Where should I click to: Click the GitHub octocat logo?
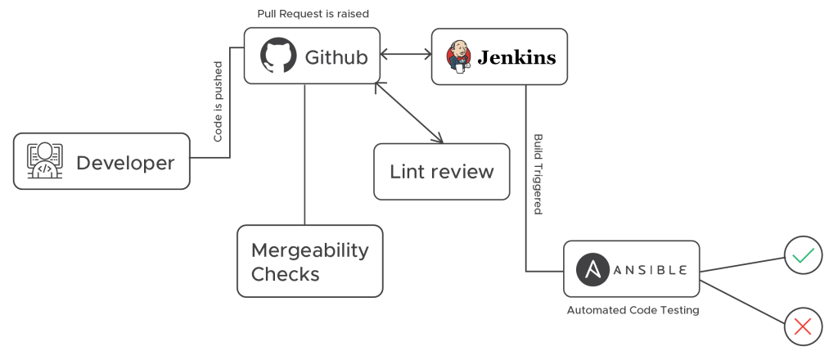click(277, 56)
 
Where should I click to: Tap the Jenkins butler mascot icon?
click(458, 57)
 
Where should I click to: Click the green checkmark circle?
click(803, 256)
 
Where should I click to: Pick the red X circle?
click(803, 326)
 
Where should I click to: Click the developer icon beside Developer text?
click(44, 162)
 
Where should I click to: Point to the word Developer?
click(125, 163)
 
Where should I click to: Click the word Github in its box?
click(336, 57)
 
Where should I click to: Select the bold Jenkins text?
click(516, 57)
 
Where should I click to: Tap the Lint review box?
click(442, 171)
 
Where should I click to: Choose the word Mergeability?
click(309, 250)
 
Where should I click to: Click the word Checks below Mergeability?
click(284, 274)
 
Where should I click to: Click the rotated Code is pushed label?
click(218, 101)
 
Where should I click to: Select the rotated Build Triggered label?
click(538, 173)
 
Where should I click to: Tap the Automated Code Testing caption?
click(633, 310)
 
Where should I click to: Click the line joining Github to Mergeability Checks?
click(304, 155)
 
